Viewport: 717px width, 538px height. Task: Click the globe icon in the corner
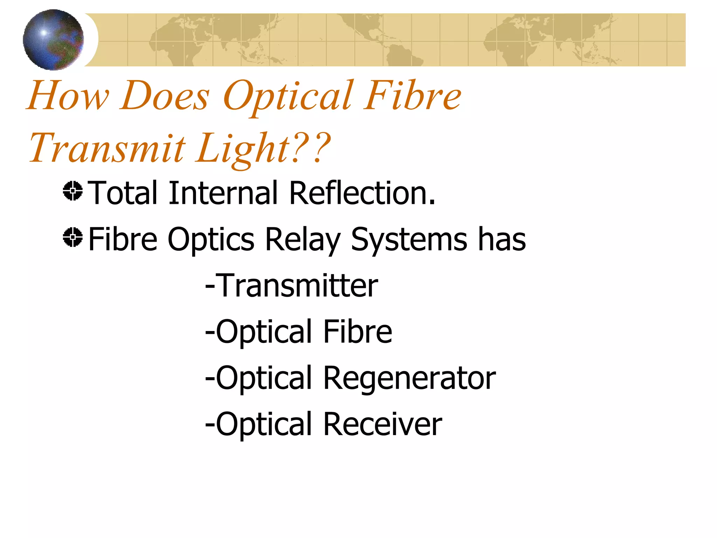tap(53, 40)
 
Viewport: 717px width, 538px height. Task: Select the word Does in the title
tap(165, 96)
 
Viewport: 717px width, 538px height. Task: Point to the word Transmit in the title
tap(107, 148)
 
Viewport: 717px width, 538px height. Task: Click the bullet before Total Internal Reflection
tap(73, 191)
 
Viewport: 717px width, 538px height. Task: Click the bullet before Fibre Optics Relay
tap(73, 237)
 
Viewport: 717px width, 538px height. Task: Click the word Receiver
tap(382, 424)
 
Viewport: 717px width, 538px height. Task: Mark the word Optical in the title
tap(287, 96)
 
